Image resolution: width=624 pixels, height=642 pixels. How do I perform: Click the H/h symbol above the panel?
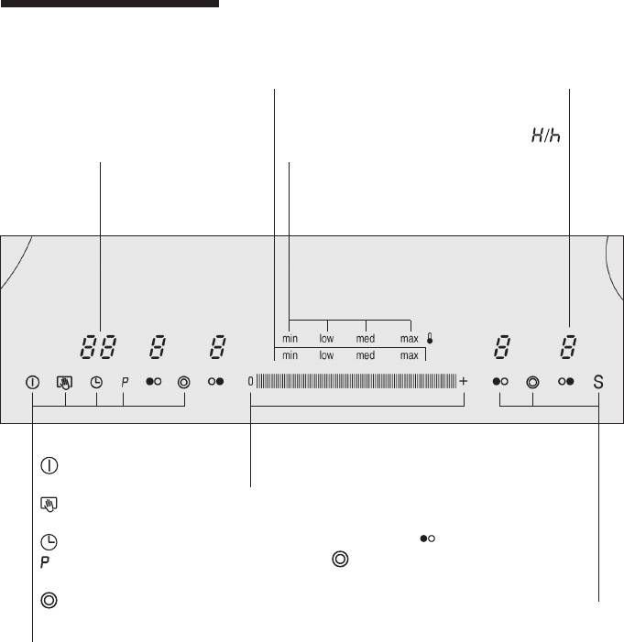546,136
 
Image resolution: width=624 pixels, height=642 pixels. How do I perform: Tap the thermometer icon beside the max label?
430,338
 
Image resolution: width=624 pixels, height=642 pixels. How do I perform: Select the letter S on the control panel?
598,382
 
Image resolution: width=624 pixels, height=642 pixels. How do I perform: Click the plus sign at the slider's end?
463,381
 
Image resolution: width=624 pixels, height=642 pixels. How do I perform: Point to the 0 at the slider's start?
250,382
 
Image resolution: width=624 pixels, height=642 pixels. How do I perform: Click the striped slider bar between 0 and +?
356,381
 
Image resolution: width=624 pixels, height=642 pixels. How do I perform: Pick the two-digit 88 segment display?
98,347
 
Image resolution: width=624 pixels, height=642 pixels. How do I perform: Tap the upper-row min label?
290,339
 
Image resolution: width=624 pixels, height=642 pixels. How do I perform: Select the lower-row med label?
365,355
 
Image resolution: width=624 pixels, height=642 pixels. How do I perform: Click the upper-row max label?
409,339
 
